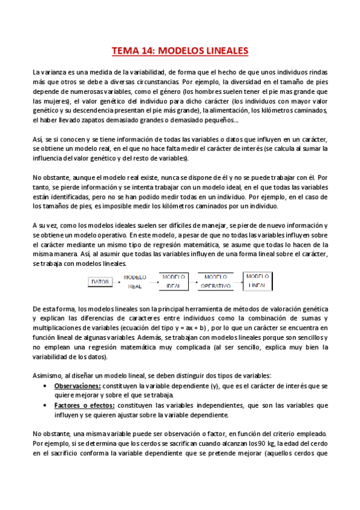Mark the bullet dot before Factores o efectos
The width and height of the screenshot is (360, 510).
click(47, 406)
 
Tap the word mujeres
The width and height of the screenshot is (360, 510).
click(52, 101)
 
